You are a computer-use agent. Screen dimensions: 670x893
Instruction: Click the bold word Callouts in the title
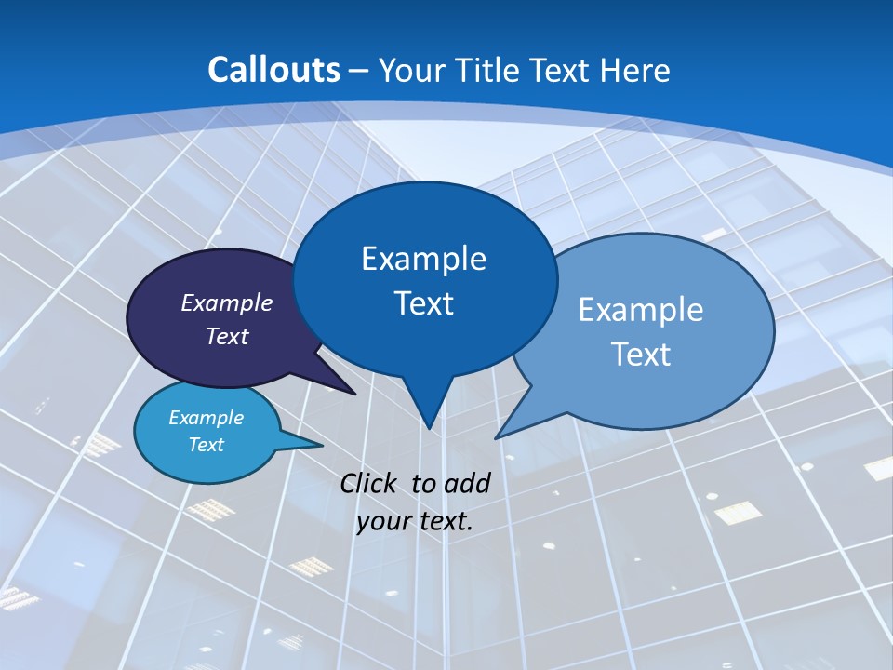(274, 70)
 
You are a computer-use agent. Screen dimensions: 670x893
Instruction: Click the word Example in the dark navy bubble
(227, 302)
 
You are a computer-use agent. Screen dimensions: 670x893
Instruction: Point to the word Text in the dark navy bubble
(227, 336)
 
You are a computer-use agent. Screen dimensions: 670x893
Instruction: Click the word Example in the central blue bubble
(423, 259)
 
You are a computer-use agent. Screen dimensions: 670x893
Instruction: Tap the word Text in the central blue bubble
(423, 303)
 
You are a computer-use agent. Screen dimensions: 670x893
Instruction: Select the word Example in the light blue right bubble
(641, 310)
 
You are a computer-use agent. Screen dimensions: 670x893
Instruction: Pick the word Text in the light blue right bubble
(641, 355)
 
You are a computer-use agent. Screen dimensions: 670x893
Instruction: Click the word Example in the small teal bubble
(206, 418)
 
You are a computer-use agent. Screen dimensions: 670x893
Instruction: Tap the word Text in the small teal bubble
(206, 445)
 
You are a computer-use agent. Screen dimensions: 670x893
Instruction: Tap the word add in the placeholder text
(468, 483)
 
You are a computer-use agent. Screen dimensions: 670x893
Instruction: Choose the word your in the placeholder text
(383, 521)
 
